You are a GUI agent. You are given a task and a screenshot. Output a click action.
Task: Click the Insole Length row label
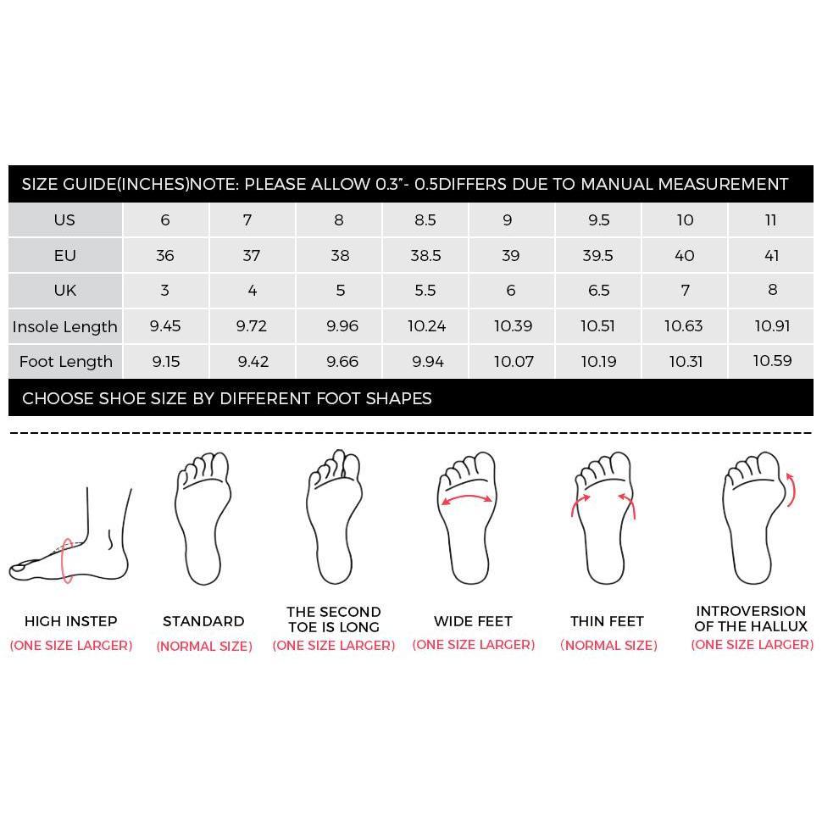(65, 326)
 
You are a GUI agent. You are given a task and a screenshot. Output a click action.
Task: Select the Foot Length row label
(65, 361)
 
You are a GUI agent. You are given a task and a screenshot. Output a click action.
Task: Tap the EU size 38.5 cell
(425, 255)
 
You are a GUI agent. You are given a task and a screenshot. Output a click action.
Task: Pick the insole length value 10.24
(427, 326)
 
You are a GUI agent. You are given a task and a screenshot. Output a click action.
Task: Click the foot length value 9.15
(165, 361)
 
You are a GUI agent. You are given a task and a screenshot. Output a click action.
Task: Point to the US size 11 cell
(770, 219)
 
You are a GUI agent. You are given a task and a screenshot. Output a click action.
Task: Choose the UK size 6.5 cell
(598, 291)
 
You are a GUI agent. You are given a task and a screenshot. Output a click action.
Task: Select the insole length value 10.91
(772, 326)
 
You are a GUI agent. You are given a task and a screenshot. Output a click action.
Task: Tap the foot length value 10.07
(514, 361)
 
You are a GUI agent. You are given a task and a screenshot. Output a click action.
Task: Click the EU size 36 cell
(165, 255)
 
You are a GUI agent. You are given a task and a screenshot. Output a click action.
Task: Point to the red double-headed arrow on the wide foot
(467, 497)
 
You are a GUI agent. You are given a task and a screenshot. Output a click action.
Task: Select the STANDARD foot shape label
(203, 621)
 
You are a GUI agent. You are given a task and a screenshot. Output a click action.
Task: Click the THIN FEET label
(607, 621)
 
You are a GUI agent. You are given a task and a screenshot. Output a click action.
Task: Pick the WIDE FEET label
(473, 621)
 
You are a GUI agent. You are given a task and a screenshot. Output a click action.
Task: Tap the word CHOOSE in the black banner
(58, 398)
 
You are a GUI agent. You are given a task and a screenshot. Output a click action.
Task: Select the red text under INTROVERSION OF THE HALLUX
(752, 644)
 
